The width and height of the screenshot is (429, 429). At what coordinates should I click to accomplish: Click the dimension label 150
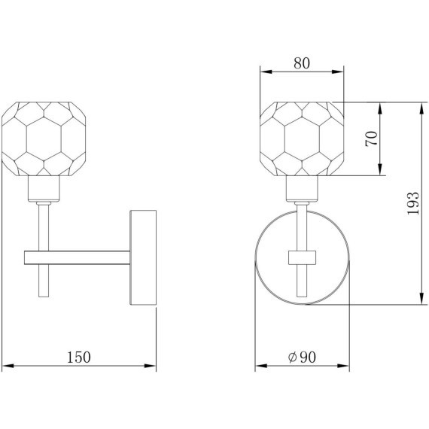(78, 357)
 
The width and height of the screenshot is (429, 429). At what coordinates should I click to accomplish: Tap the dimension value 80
(302, 63)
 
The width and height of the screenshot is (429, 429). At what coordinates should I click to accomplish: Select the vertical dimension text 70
(371, 138)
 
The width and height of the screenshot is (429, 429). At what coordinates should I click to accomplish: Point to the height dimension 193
(413, 203)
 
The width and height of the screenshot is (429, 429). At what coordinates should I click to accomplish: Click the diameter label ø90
(302, 357)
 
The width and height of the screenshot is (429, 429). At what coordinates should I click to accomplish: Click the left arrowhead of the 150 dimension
(8, 366)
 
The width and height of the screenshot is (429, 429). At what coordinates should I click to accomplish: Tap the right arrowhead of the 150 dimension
(150, 366)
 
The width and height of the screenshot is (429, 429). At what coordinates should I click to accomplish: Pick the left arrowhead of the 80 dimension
(266, 71)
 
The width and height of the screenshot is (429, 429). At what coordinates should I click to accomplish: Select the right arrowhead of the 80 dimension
(337, 71)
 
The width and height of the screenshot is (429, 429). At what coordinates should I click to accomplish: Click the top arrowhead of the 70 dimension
(380, 108)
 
